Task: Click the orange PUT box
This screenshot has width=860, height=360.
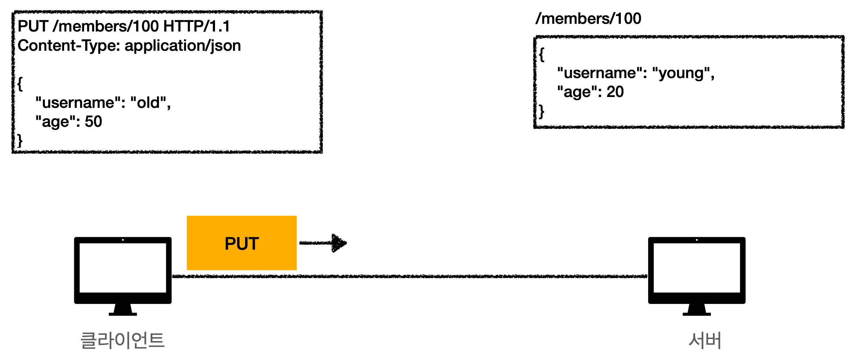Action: coord(242,243)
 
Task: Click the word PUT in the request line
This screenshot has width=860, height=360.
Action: coord(33,26)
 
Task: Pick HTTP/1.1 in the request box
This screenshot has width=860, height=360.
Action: coord(196,26)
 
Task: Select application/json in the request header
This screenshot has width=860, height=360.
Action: coord(183,46)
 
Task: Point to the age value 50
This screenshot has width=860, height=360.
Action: coord(93,122)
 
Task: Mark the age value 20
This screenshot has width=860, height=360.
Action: coord(615,92)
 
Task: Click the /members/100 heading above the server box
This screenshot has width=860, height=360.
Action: coord(588,19)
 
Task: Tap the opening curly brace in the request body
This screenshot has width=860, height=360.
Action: coord(20,84)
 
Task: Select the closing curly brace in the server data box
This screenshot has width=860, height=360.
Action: coord(542,112)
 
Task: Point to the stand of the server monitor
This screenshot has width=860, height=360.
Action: coord(696,310)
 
